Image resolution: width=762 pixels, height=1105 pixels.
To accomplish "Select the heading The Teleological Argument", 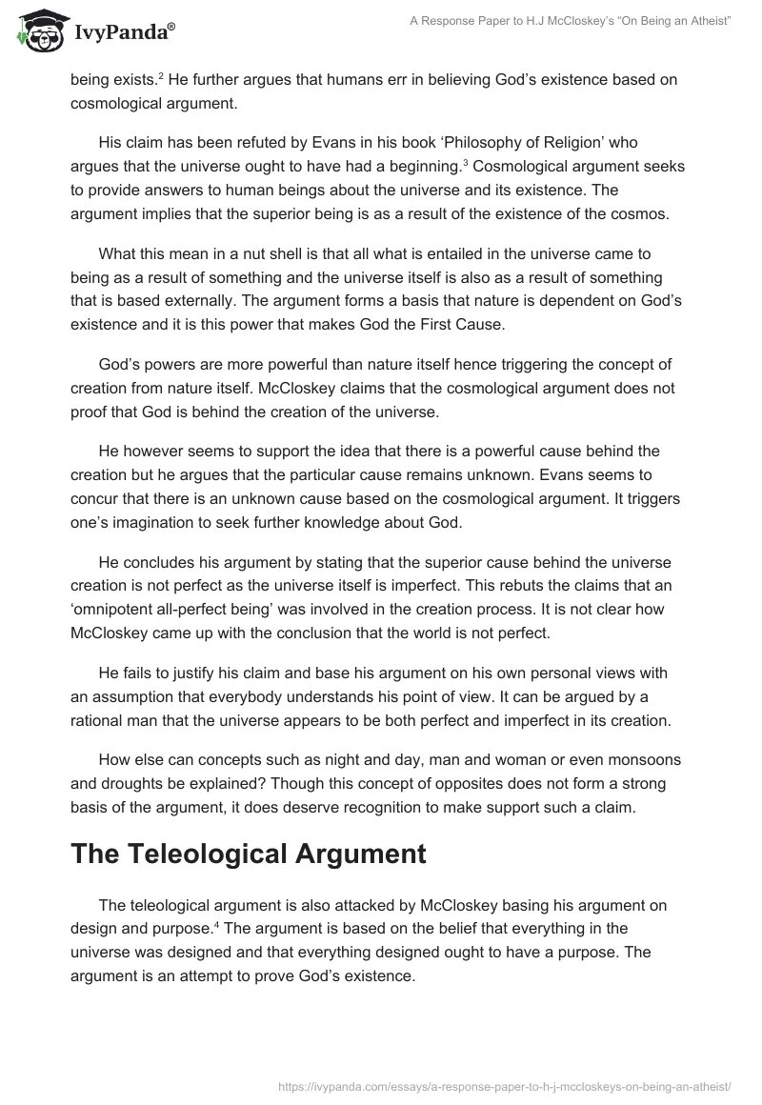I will (248, 854).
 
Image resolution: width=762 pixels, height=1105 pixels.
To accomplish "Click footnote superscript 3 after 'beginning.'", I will (465, 162).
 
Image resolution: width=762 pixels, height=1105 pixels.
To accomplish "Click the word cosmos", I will (635, 213).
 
